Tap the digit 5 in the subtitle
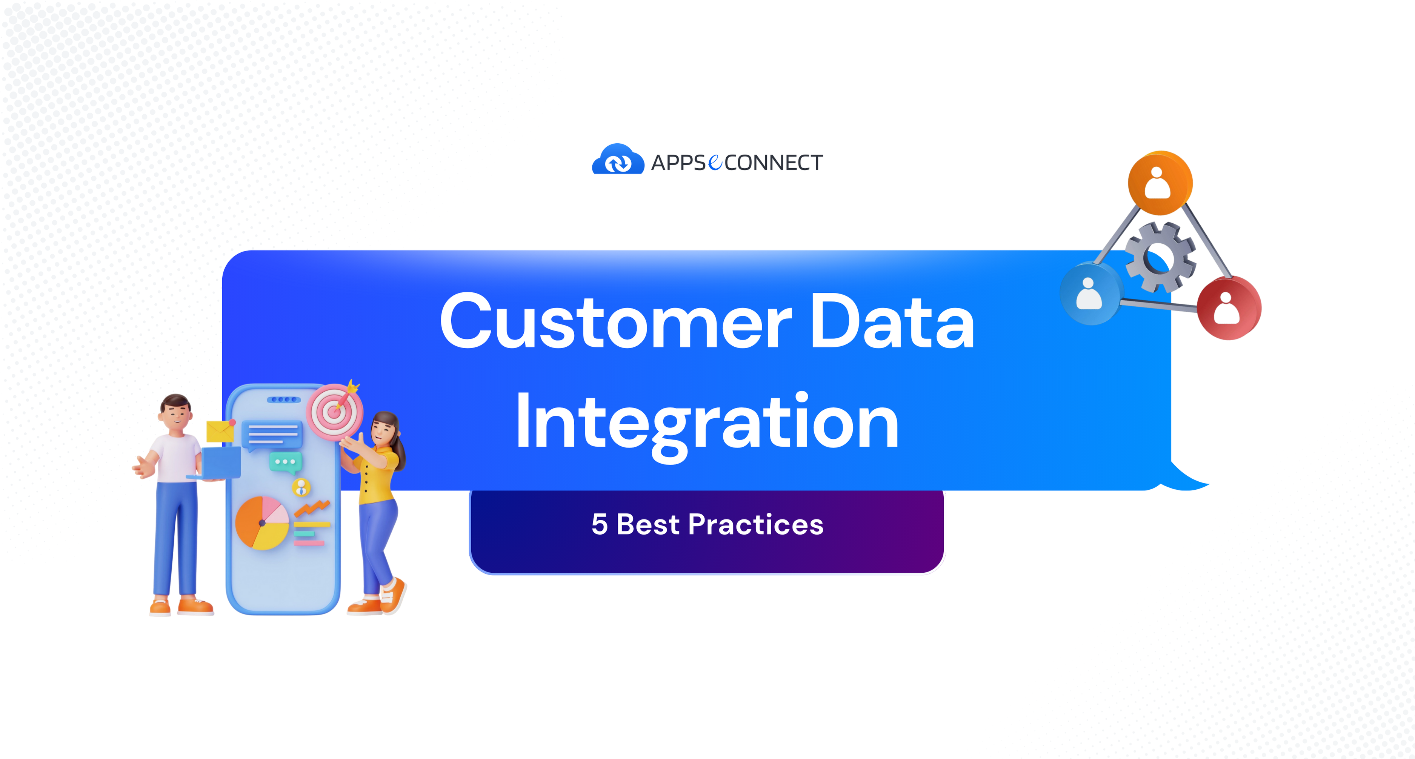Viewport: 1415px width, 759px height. pyautogui.click(x=599, y=524)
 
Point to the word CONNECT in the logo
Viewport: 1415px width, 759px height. pyautogui.click(x=774, y=163)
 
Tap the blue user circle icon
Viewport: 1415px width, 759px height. pyautogui.click(x=1090, y=294)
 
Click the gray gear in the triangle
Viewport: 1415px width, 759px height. pyautogui.click(x=1161, y=257)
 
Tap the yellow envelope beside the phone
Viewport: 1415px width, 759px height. pyautogui.click(x=220, y=432)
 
